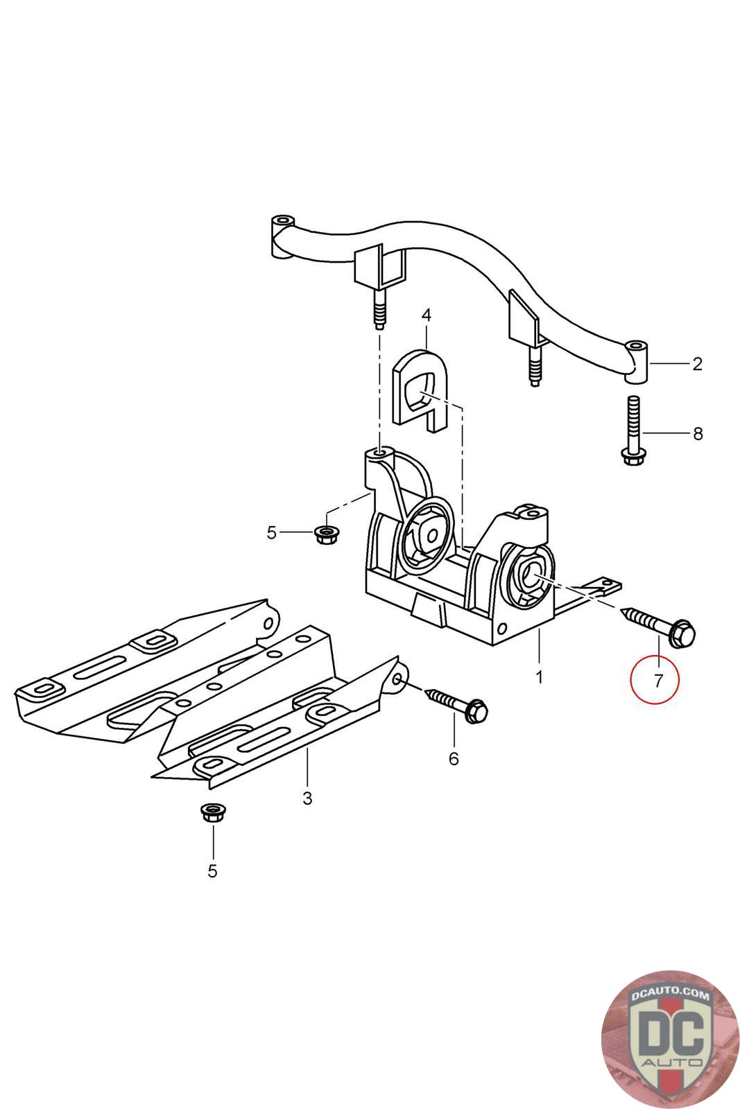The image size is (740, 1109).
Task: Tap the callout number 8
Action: [x=698, y=434]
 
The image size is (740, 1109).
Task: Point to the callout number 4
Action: [x=426, y=315]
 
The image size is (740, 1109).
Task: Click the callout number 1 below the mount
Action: [x=540, y=676]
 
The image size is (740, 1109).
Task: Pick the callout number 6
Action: [x=454, y=758]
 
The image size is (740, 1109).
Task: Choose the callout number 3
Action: [x=307, y=798]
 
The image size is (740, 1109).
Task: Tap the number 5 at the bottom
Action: [x=212, y=871]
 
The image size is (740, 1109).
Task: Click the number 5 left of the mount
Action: [x=271, y=532]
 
